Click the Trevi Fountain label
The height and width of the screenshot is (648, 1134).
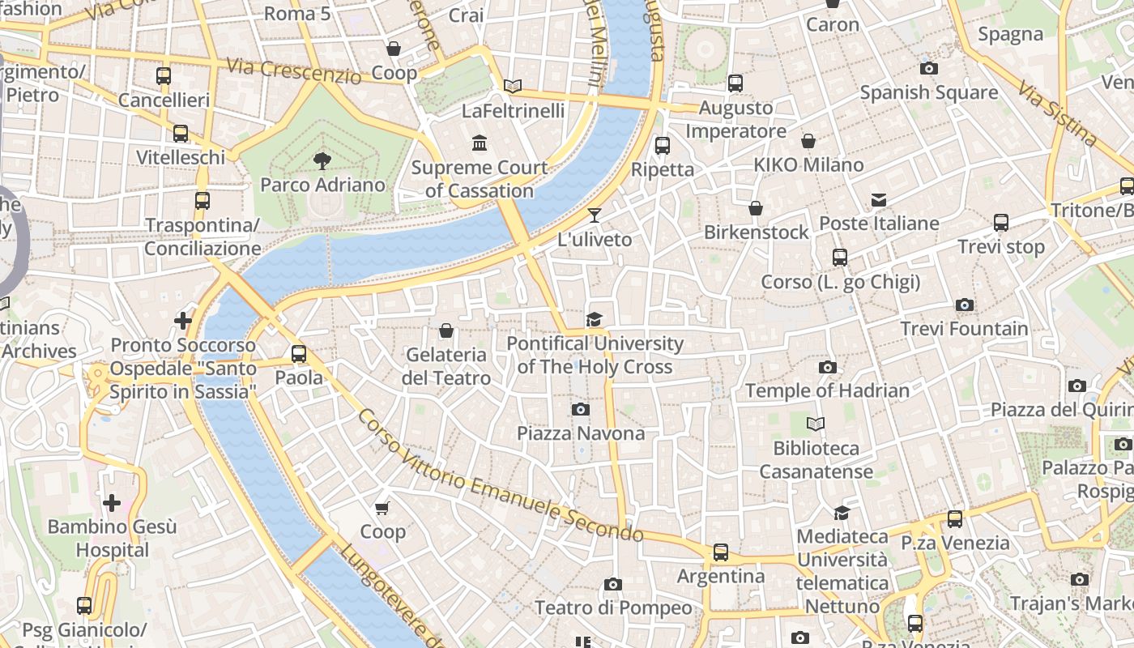(x=964, y=329)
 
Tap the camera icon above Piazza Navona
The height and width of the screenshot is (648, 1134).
(x=580, y=410)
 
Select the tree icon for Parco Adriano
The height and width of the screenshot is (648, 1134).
(x=322, y=160)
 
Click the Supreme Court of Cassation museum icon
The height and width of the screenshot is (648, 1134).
(x=480, y=143)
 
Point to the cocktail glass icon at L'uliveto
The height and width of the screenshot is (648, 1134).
(x=595, y=215)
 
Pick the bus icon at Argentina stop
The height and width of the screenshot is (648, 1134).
(x=720, y=552)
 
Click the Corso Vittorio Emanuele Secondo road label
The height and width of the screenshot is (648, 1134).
(x=501, y=476)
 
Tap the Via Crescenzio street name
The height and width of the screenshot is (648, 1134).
(x=293, y=70)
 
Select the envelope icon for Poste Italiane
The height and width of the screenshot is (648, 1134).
(x=879, y=200)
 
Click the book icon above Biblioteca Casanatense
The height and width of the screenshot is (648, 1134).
(x=816, y=424)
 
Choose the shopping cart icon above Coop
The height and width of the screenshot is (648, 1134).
(x=382, y=508)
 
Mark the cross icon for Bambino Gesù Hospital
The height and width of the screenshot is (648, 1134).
(x=112, y=503)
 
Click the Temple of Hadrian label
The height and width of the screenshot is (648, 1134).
(x=827, y=390)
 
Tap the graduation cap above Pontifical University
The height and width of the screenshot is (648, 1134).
(x=595, y=319)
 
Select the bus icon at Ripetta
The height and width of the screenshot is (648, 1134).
(x=662, y=146)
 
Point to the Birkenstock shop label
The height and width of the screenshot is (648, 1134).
(x=756, y=232)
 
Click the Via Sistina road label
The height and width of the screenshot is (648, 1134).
(x=1057, y=113)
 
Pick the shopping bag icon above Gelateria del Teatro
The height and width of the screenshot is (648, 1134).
(x=446, y=330)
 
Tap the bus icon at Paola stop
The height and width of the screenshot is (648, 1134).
(x=299, y=354)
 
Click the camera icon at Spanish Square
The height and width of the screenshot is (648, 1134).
(x=929, y=69)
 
